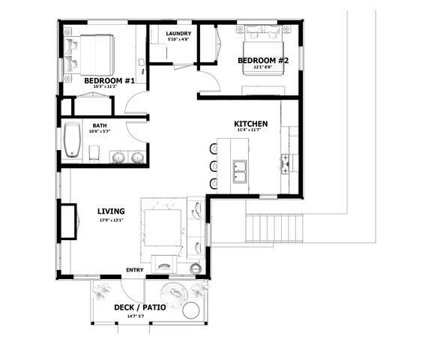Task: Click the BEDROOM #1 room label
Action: pyautogui.click(x=109, y=80)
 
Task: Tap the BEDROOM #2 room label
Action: pyautogui.click(x=263, y=60)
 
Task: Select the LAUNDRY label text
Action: pyautogui.click(x=178, y=34)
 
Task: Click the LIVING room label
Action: pyautogui.click(x=110, y=211)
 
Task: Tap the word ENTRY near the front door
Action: pyautogui.click(x=135, y=270)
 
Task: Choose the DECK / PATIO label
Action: pyautogui.click(x=140, y=307)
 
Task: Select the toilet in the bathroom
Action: pyautogui.click(x=94, y=153)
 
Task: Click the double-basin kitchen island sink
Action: pyautogui.click(x=241, y=172)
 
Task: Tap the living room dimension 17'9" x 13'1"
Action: pyautogui.click(x=110, y=221)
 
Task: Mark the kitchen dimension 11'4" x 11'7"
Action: pyautogui.click(x=247, y=130)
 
